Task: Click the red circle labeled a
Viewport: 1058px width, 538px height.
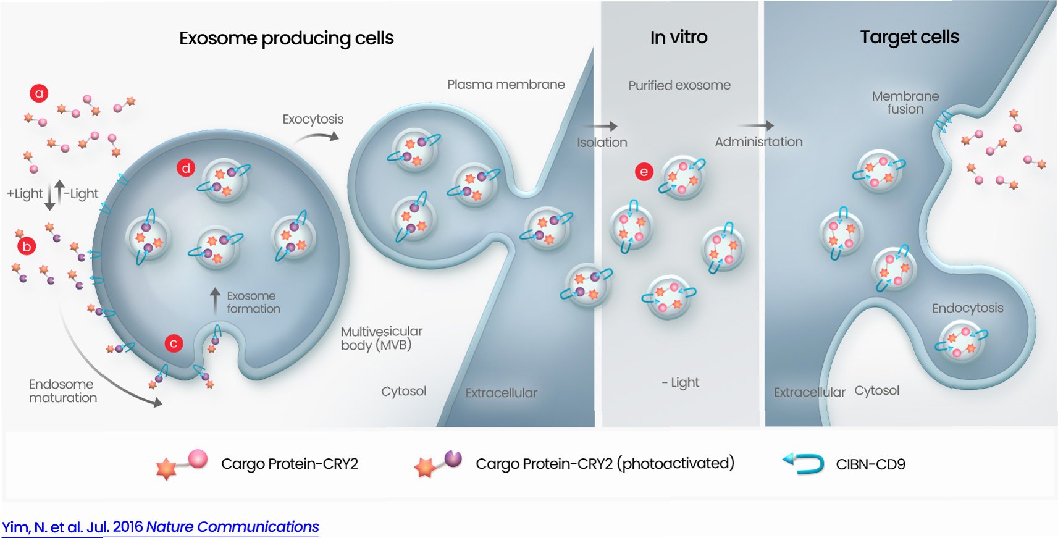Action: click(x=39, y=93)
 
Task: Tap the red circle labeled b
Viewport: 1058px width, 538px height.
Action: click(x=27, y=246)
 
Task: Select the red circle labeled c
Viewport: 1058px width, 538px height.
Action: click(x=174, y=343)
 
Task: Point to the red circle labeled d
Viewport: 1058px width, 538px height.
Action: click(x=186, y=168)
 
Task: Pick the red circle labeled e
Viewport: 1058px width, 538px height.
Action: click(x=644, y=172)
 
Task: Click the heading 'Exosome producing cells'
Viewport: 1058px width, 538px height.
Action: click(x=286, y=38)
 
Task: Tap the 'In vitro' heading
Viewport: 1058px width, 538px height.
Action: click(x=678, y=38)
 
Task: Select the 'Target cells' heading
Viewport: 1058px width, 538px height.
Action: click(x=909, y=37)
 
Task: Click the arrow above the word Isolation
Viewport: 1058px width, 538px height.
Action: click(x=604, y=126)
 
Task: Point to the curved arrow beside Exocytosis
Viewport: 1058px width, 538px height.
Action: click(x=317, y=137)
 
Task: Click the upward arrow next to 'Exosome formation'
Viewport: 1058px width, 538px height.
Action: click(x=215, y=301)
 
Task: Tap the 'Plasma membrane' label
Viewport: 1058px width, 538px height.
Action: click(x=506, y=85)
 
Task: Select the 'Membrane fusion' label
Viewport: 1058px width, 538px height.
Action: click(x=905, y=103)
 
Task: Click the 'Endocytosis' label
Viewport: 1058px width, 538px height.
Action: click(x=967, y=308)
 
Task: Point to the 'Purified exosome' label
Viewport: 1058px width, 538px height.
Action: click(x=679, y=85)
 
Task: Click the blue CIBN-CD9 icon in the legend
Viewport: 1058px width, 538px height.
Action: click(x=804, y=463)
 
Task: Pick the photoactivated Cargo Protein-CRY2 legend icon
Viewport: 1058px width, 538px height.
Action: click(x=438, y=464)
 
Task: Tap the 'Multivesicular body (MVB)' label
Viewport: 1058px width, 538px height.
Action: click(x=381, y=338)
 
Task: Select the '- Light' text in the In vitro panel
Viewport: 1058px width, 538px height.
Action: click(x=680, y=382)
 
